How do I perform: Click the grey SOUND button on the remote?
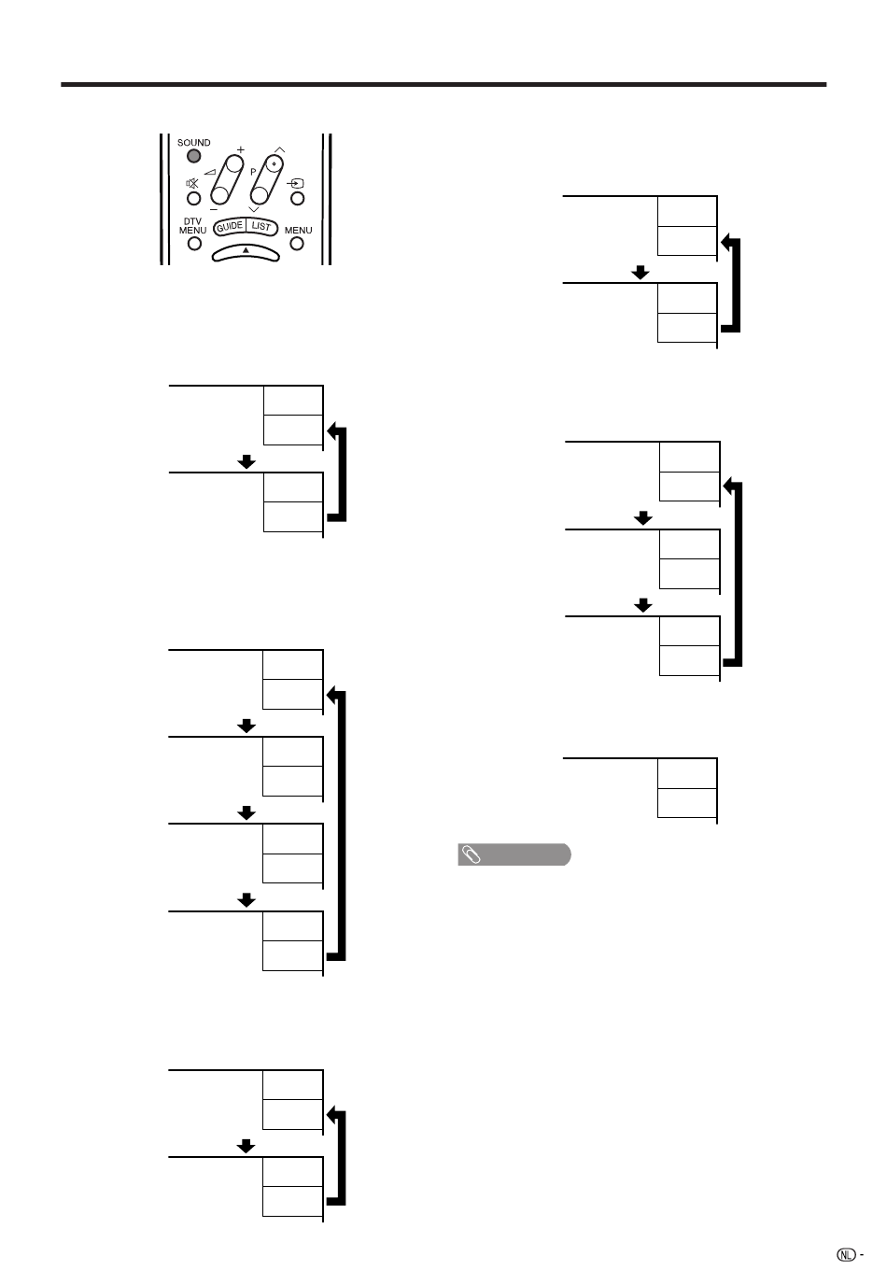click(194, 156)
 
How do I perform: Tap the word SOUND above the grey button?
click(194, 142)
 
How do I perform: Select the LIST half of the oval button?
click(261, 226)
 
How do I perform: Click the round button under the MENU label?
click(296, 244)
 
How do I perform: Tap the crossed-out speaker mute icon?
click(192, 183)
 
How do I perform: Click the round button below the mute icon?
click(194, 198)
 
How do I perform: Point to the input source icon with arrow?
click(296, 183)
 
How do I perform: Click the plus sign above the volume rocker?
click(241, 149)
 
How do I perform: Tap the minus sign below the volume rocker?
click(213, 210)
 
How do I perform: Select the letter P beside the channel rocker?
click(253, 172)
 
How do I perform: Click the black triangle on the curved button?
click(246, 250)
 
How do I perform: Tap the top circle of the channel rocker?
click(275, 163)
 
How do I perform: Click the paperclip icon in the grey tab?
click(471, 854)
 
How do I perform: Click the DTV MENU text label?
click(192, 226)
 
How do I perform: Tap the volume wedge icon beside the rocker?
click(210, 172)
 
